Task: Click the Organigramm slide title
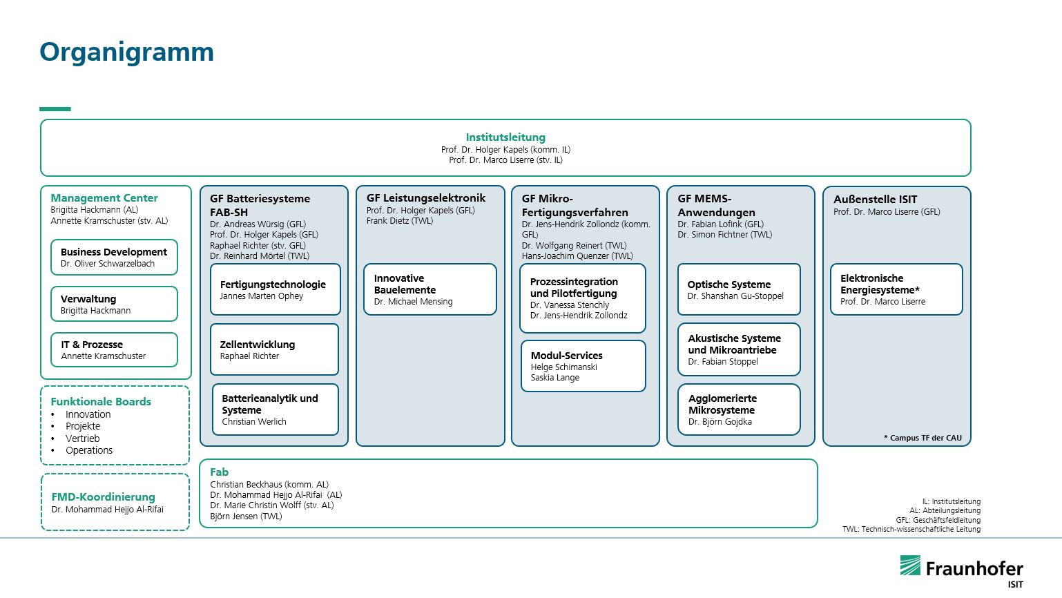click(x=126, y=52)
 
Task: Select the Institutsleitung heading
click(x=505, y=137)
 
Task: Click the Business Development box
click(x=114, y=257)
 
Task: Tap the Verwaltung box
click(x=114, y=304)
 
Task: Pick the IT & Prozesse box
click(x=114, y=349)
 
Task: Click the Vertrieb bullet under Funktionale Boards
click(x=82, y=438)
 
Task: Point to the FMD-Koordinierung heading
click(x=104, y=497)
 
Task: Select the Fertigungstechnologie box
click(x=276, y=289)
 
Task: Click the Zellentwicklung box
click(x=275, y=349)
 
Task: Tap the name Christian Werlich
click(x=254, y=422)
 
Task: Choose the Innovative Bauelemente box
click(x=430, y=289)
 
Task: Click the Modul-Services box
click(x=583, y=366)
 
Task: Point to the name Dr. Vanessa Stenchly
click(x=570, y=305)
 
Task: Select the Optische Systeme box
click(x=739, y=289)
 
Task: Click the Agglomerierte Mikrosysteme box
click(x=739, y=409)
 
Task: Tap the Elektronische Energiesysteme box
click(x=896, y=289)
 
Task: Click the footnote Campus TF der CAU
click(x=923, y=438)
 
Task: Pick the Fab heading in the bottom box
click(x=219, y=472)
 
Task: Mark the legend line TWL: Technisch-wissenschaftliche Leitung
click(x=911, y=529)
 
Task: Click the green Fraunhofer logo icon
click(x=910, y=566)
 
